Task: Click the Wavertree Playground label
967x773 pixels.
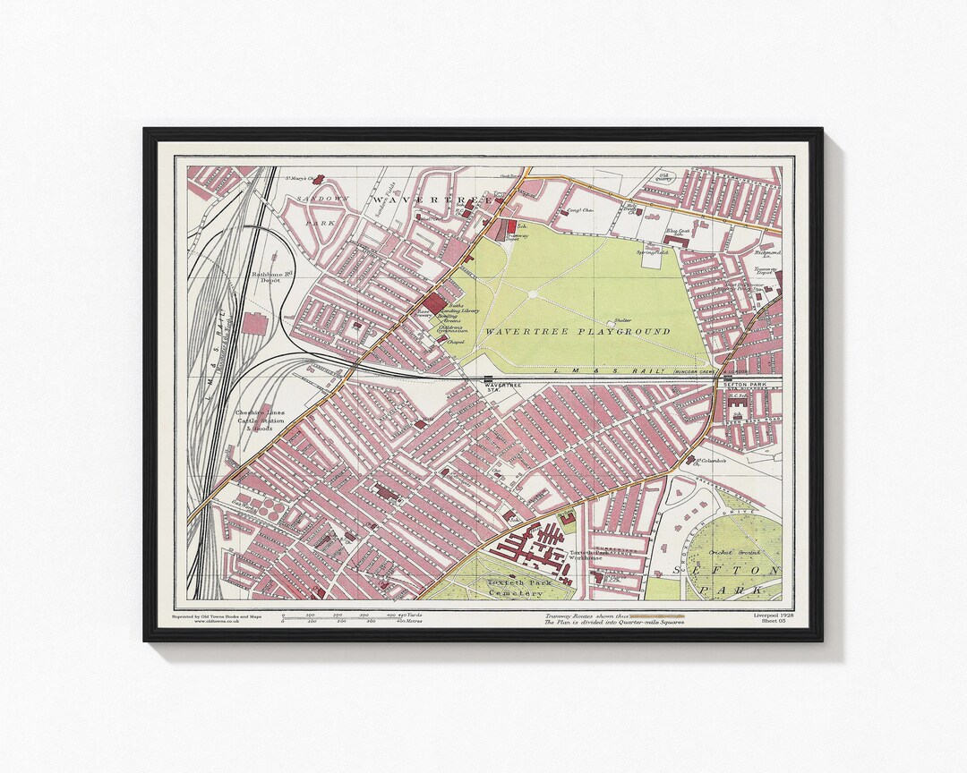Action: (x=578, y=331)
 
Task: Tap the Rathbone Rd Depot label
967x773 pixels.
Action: (x=266, y=277)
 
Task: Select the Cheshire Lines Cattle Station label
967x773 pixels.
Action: (x=260, y=420)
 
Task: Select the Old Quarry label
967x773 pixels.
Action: (x=663, y=176)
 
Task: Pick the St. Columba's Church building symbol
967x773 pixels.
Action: (x=691, y=462)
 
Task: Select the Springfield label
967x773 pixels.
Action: (x=649, y=252)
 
